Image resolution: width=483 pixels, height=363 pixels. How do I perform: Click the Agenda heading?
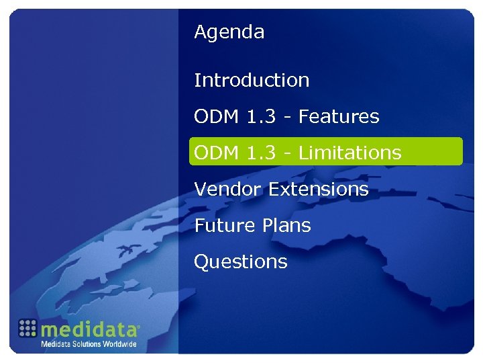pos(229,32)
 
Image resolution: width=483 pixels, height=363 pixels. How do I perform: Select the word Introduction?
pos(252,81)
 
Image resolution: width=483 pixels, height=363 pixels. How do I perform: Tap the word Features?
pos(339,117)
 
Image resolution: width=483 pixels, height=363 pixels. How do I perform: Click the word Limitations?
pos(350,153)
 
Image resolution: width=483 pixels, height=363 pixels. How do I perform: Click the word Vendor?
pos(228,190)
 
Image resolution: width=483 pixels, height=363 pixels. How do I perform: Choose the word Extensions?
pos(319,190)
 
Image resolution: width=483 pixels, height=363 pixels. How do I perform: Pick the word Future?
pos(221,226)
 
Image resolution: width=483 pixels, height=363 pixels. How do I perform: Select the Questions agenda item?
pos(240,262)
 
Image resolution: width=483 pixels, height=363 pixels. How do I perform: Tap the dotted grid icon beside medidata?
pos(27,329)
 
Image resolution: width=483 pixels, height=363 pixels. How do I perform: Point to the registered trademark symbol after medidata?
pos(138,327)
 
